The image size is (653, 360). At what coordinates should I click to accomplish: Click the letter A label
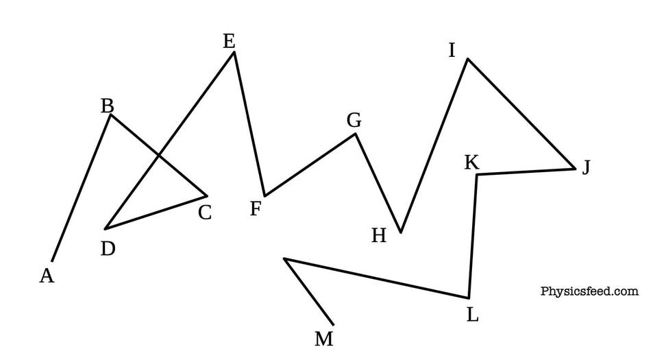(47, 276)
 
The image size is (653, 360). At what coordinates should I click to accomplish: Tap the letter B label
(108, 106)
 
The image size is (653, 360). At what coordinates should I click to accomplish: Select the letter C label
(205, 213)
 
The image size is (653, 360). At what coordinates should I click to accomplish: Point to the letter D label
(108, 249)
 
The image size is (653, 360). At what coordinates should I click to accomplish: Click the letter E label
(229, 42)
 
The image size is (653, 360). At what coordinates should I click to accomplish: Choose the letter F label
(256, 208)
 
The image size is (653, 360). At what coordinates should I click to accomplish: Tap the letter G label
(354, 121)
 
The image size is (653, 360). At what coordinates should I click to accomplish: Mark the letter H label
(379, 236)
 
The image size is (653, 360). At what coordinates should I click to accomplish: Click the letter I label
(452, 51)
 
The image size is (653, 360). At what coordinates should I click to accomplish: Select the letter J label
(587, 167)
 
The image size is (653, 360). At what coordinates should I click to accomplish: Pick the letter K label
(472, 163)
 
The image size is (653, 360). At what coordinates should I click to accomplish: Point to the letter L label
(472, 315)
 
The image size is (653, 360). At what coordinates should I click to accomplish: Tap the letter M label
(324, 339)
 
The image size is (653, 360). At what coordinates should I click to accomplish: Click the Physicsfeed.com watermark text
(589, 291)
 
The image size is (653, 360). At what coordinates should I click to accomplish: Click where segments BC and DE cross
(159, 156)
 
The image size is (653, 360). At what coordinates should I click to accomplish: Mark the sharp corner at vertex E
(234, 51)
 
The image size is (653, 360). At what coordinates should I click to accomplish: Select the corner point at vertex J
(575, 169)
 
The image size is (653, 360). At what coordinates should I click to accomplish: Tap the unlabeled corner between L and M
(284, 259)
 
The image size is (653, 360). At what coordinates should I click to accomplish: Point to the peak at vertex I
(468, 59)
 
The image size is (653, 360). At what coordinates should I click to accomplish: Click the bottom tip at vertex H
(401, 232)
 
